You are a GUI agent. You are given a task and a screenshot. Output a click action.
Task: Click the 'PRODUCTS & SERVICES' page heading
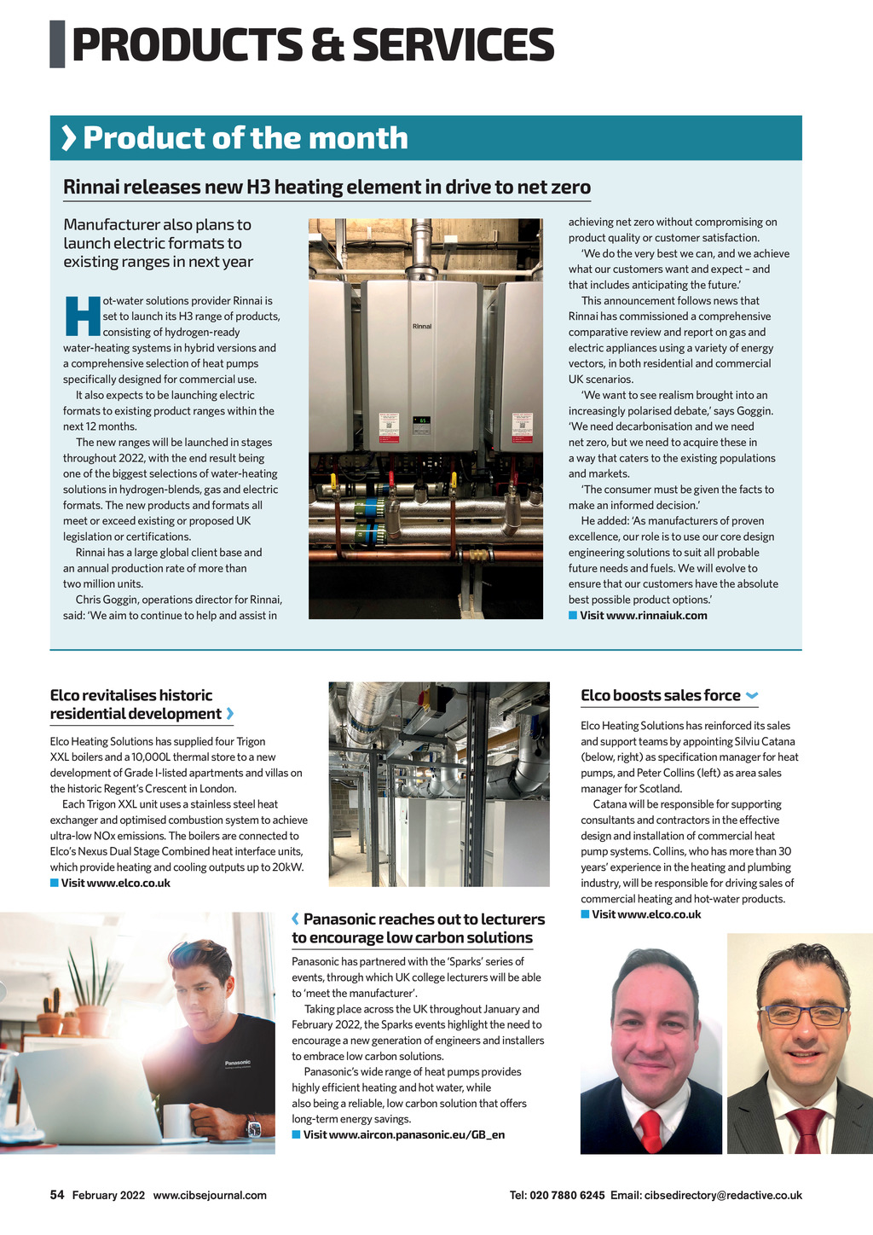313,45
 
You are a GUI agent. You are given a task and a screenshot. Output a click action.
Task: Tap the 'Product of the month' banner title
245,138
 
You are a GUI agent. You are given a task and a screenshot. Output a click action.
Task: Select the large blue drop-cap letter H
82,316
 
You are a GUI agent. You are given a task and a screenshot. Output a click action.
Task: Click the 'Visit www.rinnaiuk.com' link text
643,616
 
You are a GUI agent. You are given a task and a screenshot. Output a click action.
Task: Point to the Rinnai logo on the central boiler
422,327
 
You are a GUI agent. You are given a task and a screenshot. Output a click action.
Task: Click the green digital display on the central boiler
422,420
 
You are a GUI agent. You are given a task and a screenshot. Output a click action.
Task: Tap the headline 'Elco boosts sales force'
660,695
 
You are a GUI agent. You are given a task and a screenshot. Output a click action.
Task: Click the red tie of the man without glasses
650,1129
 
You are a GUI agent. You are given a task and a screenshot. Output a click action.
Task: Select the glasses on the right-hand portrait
803,1015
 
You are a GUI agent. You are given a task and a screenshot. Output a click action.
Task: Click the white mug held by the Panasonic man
177,1120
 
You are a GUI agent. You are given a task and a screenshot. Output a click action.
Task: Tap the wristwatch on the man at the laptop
253,1128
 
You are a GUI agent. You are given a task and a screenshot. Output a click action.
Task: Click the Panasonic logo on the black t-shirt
238,1063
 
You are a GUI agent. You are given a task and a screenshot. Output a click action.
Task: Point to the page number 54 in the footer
57,1195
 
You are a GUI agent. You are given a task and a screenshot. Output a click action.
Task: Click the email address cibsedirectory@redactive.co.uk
723,1195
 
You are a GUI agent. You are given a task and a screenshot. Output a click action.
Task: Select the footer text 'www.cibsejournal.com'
210,1195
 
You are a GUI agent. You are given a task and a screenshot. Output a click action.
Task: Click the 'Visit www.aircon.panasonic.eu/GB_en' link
403,1135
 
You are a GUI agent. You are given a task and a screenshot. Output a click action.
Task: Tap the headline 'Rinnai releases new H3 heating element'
327,187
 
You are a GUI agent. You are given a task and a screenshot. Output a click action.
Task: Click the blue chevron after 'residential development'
230,714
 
